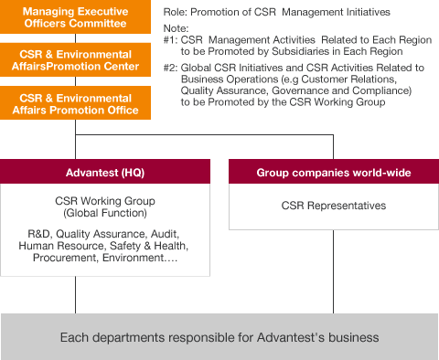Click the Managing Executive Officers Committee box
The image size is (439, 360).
(x=74, y=18)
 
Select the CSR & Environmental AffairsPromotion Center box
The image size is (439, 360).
(x=74, y=60)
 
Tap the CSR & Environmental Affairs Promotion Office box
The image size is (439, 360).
(x=74, y=102)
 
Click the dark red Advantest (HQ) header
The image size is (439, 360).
(x=105, y=172)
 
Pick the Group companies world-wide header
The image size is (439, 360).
(x=333, y=172)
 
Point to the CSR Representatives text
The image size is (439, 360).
(x=333, y=206)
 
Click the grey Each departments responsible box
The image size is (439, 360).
(x=219, y=337)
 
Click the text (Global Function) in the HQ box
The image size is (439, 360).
(x=105, y=212)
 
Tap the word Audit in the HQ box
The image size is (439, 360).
(x=168, y=234)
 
